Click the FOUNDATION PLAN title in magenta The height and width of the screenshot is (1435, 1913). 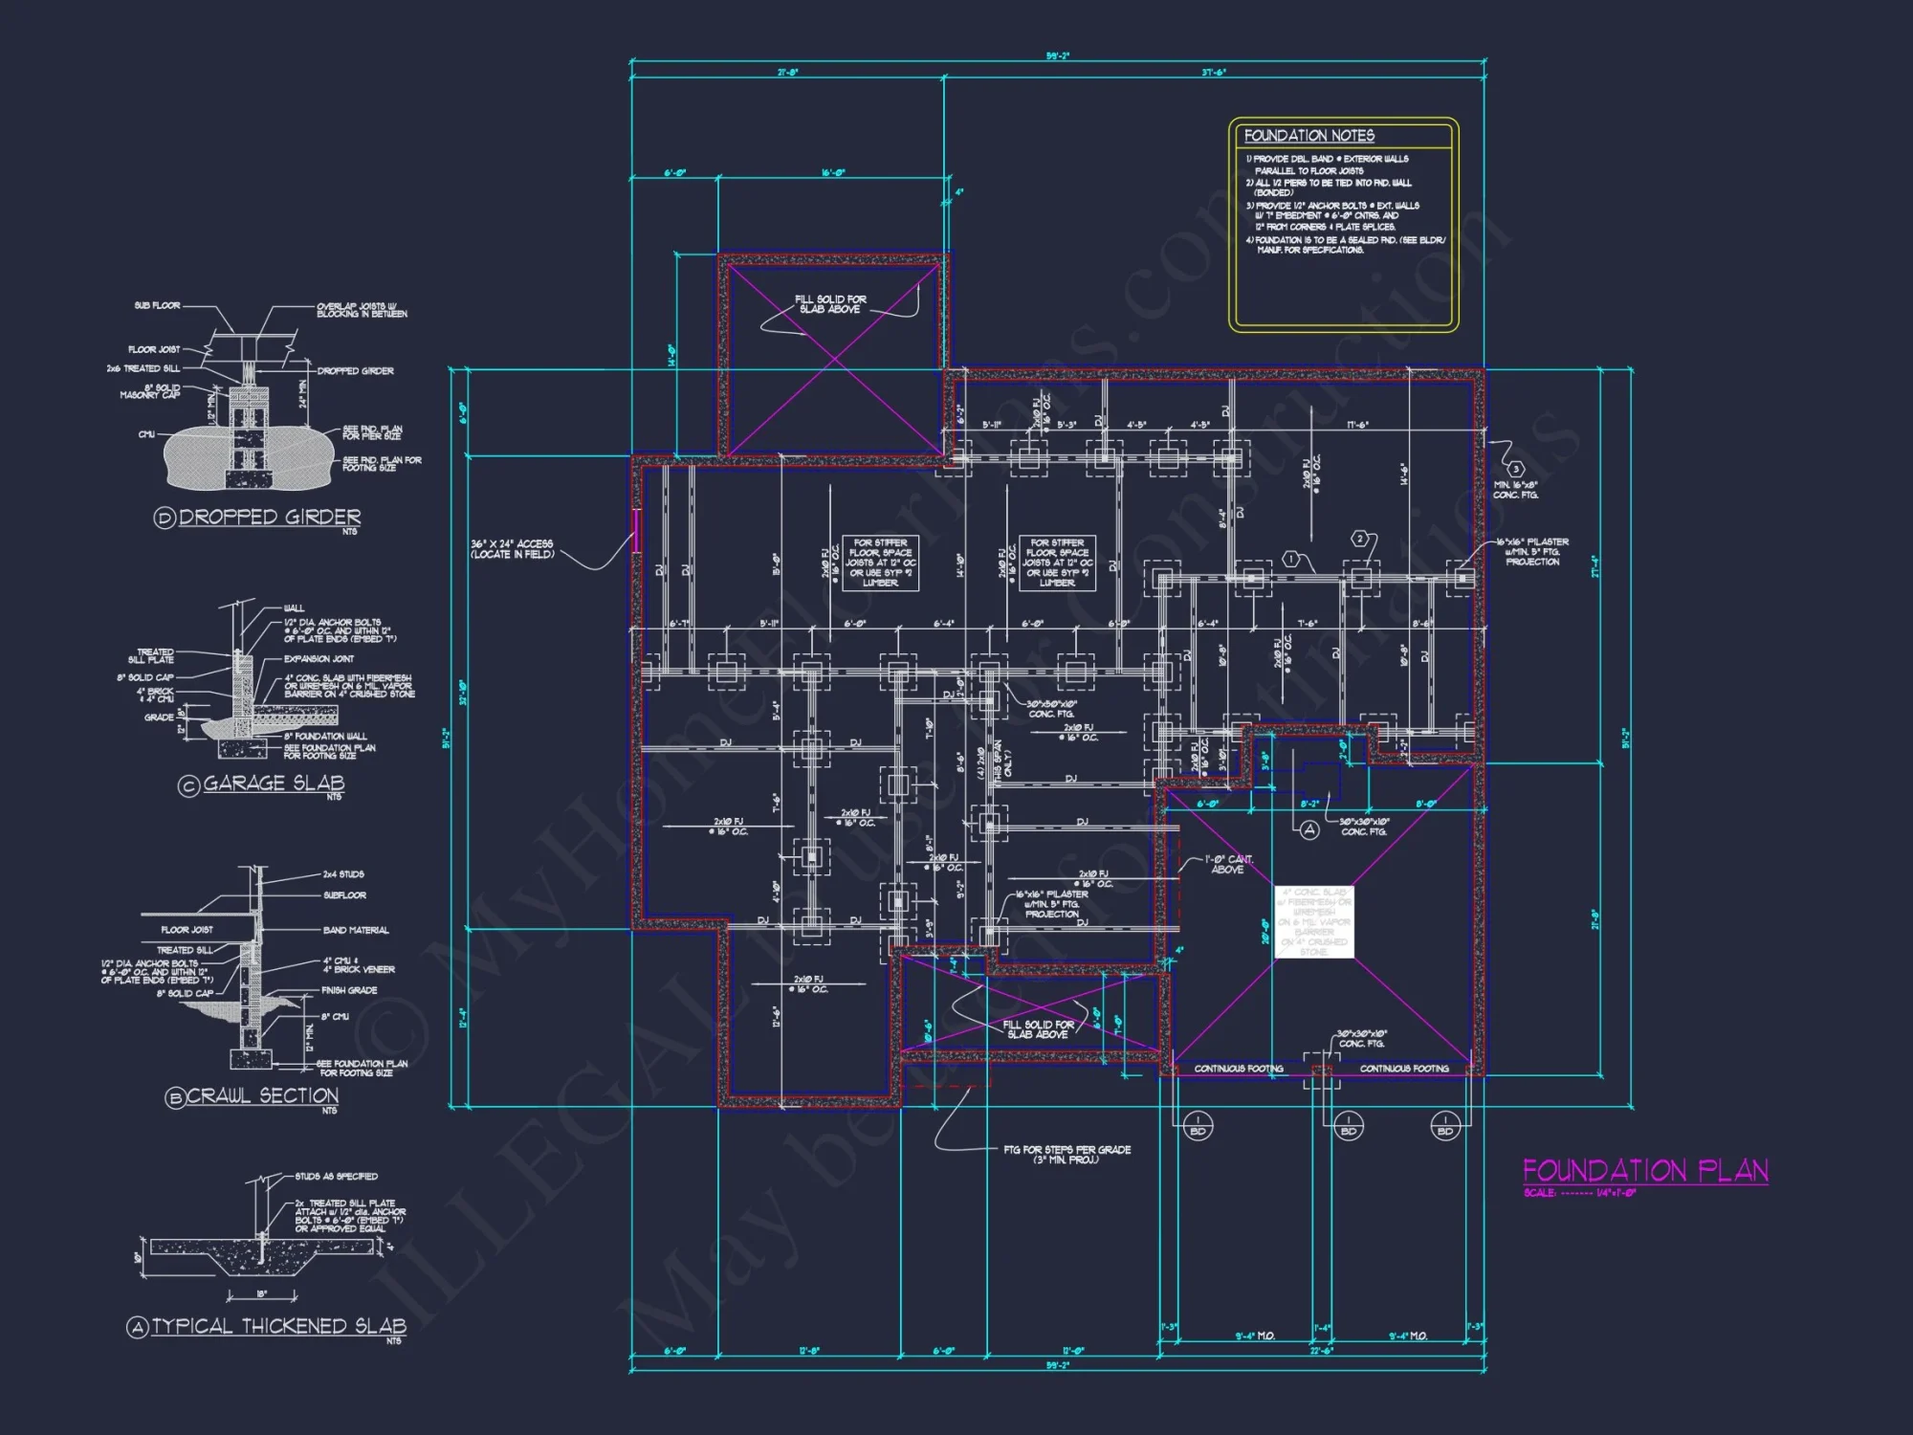[x=1645, y=1171]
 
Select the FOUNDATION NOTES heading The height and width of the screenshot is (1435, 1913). [x=1308, y=136]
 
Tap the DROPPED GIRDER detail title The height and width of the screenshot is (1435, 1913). [x=270, y=517]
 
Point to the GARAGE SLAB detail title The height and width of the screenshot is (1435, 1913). [x=274, y=784]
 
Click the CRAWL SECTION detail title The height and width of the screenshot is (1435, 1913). [x=261, y=1096]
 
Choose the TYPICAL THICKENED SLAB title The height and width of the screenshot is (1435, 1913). [x=278, y=1326]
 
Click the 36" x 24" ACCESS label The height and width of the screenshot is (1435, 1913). [x=512, y=549]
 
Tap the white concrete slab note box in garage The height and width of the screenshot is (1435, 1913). [x=1314, y=921]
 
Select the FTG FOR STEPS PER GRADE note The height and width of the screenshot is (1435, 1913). [x=1066, y=1154]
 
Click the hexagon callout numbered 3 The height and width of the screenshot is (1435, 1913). [x=1515, y=469]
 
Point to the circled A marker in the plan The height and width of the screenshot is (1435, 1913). [x=1309, y=829]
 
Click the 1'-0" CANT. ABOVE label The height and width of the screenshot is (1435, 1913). [x=1228, y=864]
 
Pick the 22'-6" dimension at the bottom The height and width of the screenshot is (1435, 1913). [x=1321, y=1352]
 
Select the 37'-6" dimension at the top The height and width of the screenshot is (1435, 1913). [x=1214, y=73]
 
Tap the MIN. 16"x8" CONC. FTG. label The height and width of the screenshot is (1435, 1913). [x=1516, y=490]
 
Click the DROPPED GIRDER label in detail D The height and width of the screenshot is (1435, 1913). [x=355, y=371]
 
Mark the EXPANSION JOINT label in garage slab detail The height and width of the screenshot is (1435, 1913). [x=319, y=659]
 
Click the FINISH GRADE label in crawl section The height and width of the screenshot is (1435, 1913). [x=349, y=990]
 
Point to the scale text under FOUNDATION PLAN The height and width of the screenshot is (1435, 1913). [x=1579, y=1193]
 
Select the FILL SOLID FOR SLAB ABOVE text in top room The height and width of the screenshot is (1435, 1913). [x=830, y=304]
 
